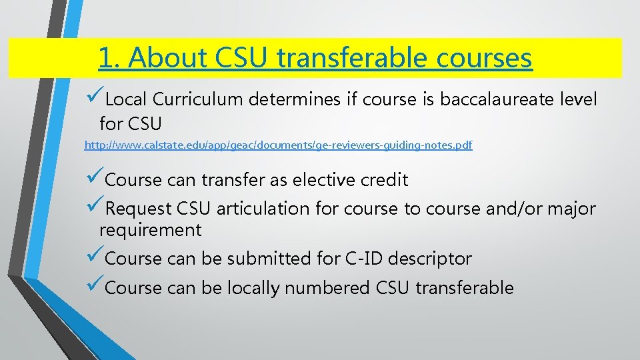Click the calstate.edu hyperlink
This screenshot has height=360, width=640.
coord(278,145)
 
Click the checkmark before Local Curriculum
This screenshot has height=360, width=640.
coord(95,99)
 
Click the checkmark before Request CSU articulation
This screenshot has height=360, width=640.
coord(95,207)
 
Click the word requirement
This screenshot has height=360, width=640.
coord(150,231)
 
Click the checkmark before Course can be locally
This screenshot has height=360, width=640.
coord(95,287)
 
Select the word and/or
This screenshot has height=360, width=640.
coord(509,209)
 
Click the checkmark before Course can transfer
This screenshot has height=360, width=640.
coord(95,179)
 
